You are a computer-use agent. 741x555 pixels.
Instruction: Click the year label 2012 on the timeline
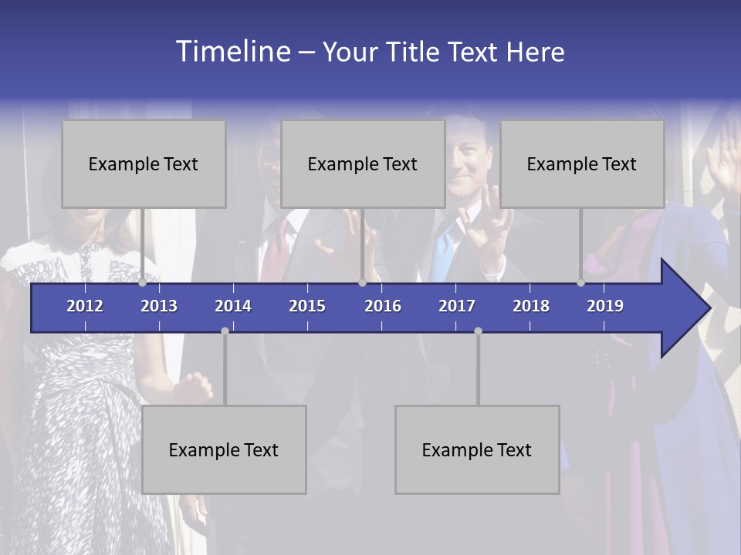(85, 306)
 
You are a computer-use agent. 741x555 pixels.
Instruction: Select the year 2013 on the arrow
(159, 306)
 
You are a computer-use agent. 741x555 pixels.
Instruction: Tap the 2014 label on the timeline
(233, 306)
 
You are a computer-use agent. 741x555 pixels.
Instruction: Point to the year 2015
(307, 306)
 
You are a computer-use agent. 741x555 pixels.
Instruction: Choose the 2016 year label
(383, 306)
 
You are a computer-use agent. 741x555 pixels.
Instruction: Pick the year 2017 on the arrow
(457, 306)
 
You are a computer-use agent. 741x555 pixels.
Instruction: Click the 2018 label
(531, 306)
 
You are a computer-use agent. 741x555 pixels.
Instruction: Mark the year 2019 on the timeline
(605, 306)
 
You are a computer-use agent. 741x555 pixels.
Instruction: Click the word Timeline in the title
(232, 52)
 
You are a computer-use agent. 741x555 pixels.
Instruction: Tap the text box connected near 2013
(144, 163)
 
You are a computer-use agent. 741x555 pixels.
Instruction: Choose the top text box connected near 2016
(363, 163)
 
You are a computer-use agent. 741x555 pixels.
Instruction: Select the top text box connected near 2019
(582, 163)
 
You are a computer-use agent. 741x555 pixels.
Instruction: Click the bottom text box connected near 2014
(224, 449)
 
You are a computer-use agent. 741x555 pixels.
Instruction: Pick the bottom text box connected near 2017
(477, 449)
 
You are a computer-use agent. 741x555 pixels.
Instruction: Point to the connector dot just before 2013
(143, 283)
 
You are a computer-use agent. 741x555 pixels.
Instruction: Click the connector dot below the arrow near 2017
(478, 331)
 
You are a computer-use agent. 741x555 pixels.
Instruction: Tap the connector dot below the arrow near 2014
(225, 331)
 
